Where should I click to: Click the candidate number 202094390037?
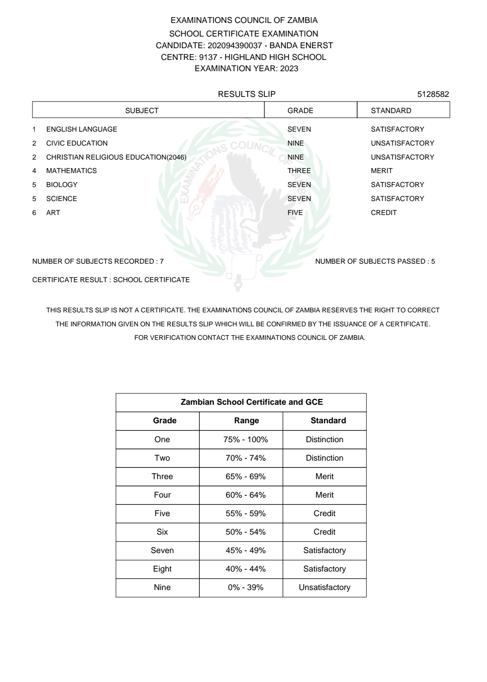pyautogui.click(x=234, y=46)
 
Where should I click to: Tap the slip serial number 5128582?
pyautogui.click(x=433, y=94)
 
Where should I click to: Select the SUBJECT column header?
pyautogui.click(x=142, y=110)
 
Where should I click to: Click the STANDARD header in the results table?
pyautogui.click(x=391, y=110)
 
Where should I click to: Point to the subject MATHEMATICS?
pyautogui.click(x=71, y=171)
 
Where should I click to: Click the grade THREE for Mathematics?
pyautogui.click(x=299, y=171)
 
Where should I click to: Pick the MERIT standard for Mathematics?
pyautogui.click(x=381, y=171)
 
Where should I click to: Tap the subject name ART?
pyautogui.click(x=53, y=213)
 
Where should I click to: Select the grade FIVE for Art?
pyautogui.click(x=295, y=213)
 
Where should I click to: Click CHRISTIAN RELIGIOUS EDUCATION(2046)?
pyautogui.click(x=116, y=157)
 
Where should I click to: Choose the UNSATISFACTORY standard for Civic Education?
pyautogui.click(x=402, y=143)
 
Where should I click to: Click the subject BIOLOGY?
pyautogui.click(x=62, y=185)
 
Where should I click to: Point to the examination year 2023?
pyautogui.click(x=289, y=69)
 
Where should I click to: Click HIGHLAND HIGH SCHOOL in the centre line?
pyautogui.click(x=275, y=57)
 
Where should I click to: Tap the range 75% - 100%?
pyautogui.click(x=246, y=439)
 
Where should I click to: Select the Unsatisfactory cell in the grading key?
pyautogui.click(x=324, y=587)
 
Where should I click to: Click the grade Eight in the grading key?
pyautogui.click(x=162, y=569)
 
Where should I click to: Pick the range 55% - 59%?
pyautogui.click(x=246, y=513)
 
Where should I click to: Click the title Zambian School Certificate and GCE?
pyautogui.click(x=252, y=402)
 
